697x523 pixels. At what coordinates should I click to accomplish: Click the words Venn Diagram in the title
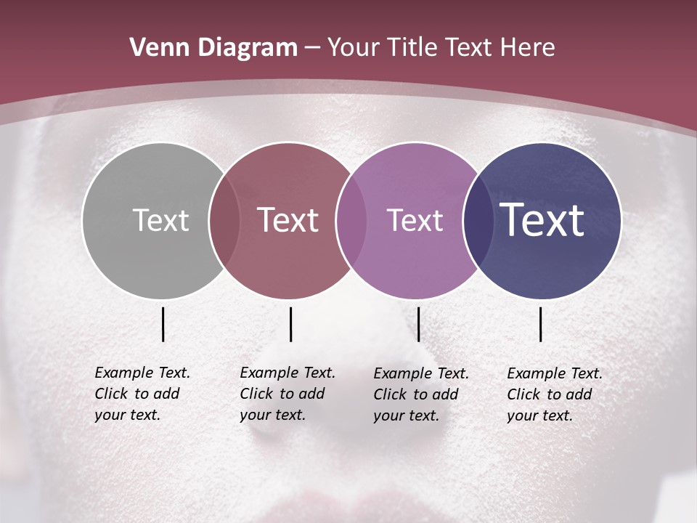(213, 48)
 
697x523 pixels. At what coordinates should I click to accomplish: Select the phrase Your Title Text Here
(441, 48)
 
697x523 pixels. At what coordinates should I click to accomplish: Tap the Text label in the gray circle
(160, 220)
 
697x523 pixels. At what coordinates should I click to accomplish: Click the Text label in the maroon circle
(288, 220)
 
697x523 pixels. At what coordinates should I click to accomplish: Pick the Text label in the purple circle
(415, 220)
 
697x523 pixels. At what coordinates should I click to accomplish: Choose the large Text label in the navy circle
(542, 219)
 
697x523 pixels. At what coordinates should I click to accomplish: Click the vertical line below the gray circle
(163, 324)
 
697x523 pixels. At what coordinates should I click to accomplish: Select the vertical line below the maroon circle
(290, 324)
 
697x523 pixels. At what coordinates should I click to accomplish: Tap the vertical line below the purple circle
(418, 324)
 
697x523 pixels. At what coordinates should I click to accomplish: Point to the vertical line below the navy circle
(541, 324)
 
